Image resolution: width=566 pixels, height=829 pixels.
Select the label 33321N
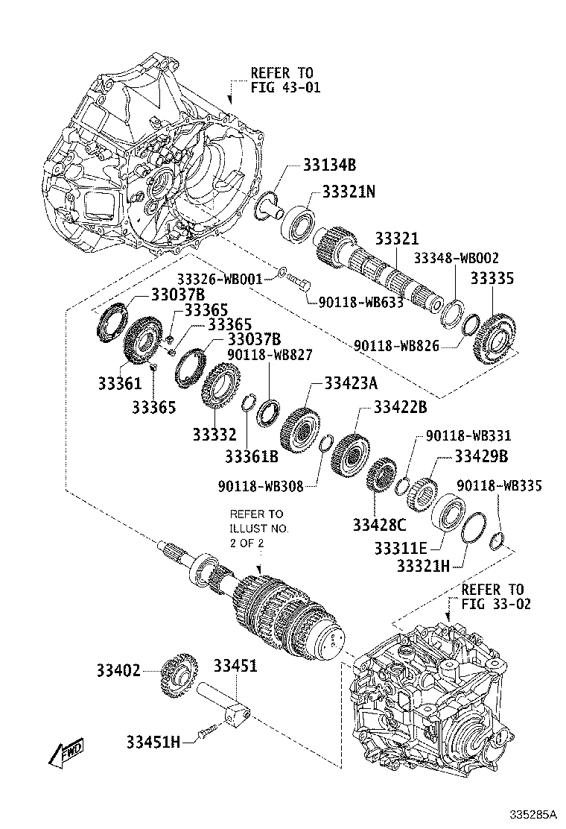(x=349, y=192)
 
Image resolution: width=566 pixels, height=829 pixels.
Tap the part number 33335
(x=492, y=279)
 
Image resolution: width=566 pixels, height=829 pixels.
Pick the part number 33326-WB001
(x=219, y=279)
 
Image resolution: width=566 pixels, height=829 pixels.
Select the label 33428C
(x=381, y=524)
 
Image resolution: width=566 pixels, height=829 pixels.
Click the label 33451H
(x=153, y=741)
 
